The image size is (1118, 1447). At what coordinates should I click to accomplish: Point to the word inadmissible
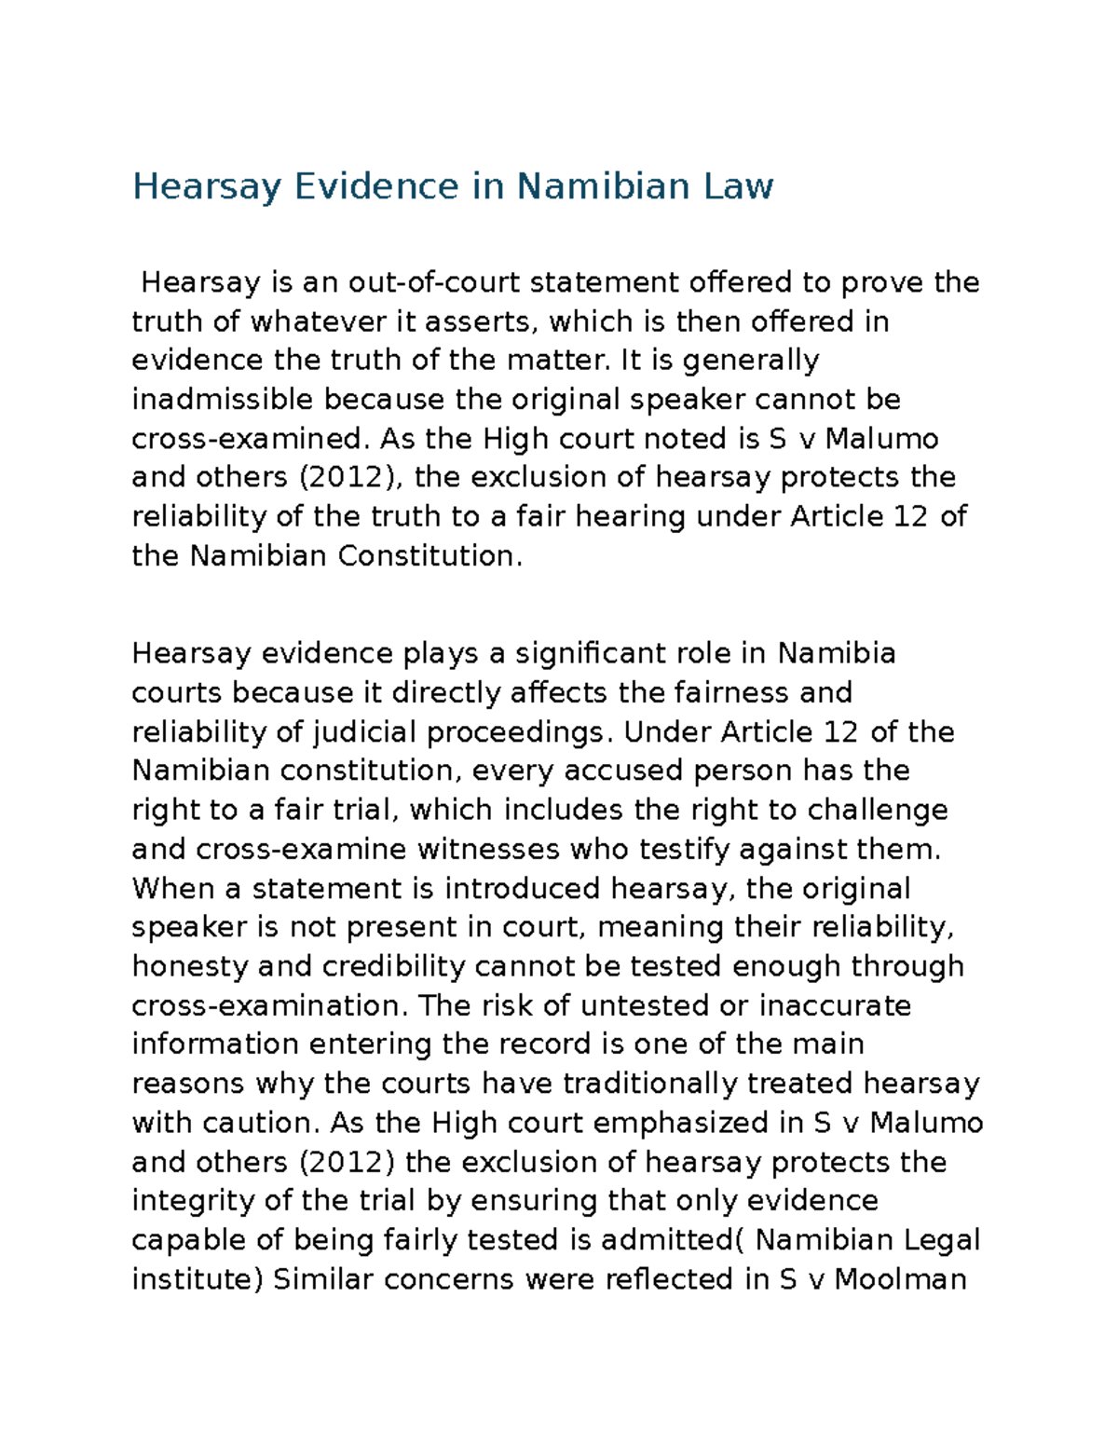coord(223,399)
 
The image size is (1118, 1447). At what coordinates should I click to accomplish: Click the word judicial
coord(363,732)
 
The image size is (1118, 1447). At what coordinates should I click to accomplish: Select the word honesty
coord(189,966)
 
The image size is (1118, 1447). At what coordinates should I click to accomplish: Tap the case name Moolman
coord(900,1278)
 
